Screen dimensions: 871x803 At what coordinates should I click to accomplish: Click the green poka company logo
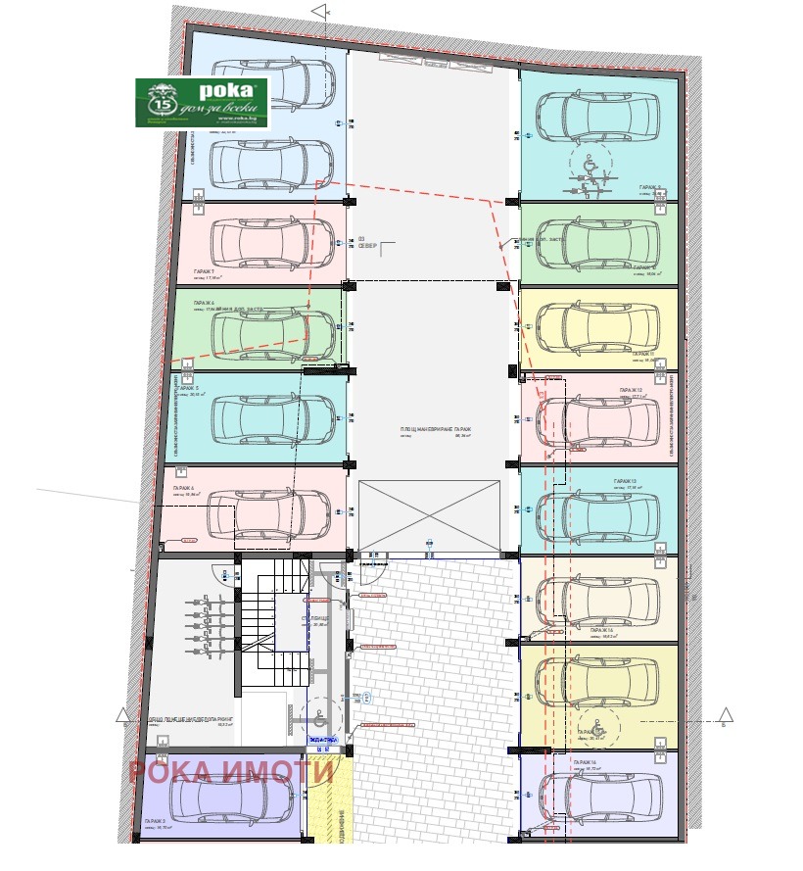[202, 103]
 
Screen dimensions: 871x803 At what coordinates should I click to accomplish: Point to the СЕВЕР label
[368, 247]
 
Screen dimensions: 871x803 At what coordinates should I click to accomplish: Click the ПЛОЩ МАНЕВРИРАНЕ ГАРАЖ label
[436, 430]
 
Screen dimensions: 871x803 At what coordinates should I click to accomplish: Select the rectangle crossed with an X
[430, 515]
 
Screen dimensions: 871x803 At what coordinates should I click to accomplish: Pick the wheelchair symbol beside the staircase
[317, 714]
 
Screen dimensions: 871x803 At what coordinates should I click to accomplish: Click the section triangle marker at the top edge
[319, 11]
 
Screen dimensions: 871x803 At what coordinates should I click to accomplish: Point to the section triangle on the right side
[726, 714]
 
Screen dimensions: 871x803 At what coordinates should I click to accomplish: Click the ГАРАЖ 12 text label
[629, 390]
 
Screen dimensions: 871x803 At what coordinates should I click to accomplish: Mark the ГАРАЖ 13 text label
[625, 481]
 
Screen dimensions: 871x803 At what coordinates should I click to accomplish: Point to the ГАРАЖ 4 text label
[184, 487]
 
